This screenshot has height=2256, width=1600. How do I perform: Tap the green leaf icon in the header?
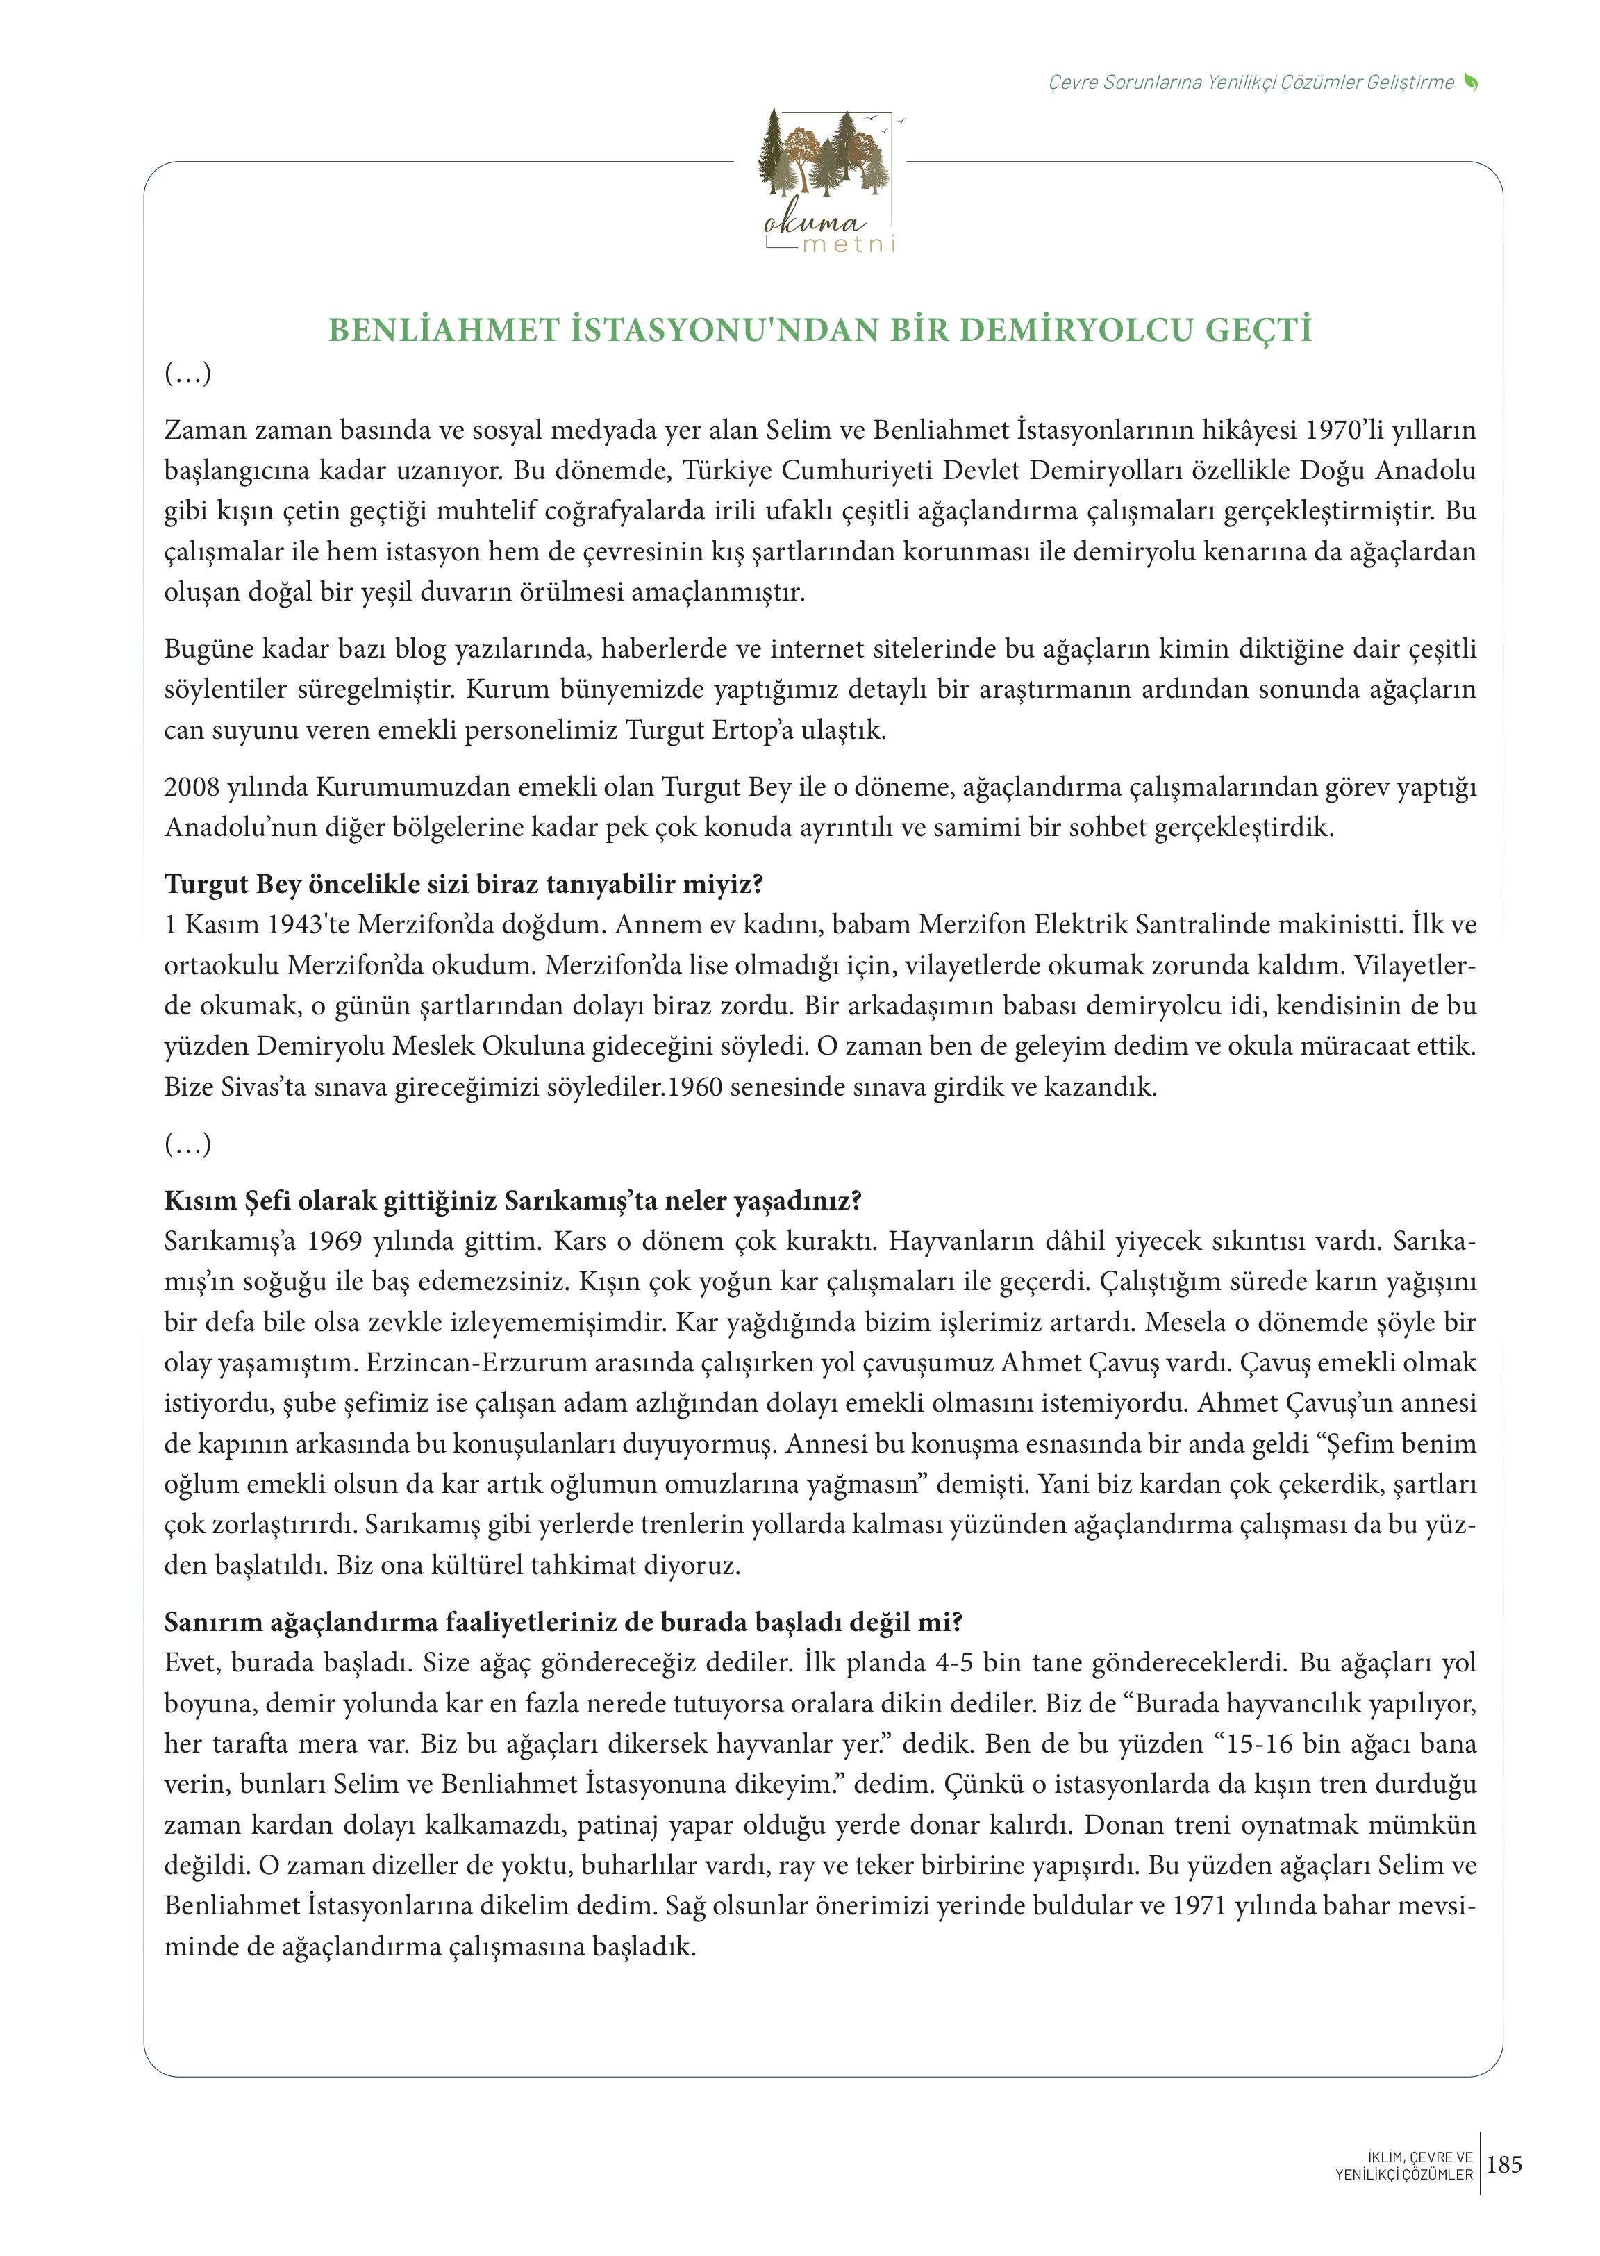pyautogui.click(x=1471, y=83)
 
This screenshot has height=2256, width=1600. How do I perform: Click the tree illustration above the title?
pyautogui.click(x=826, y=153)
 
